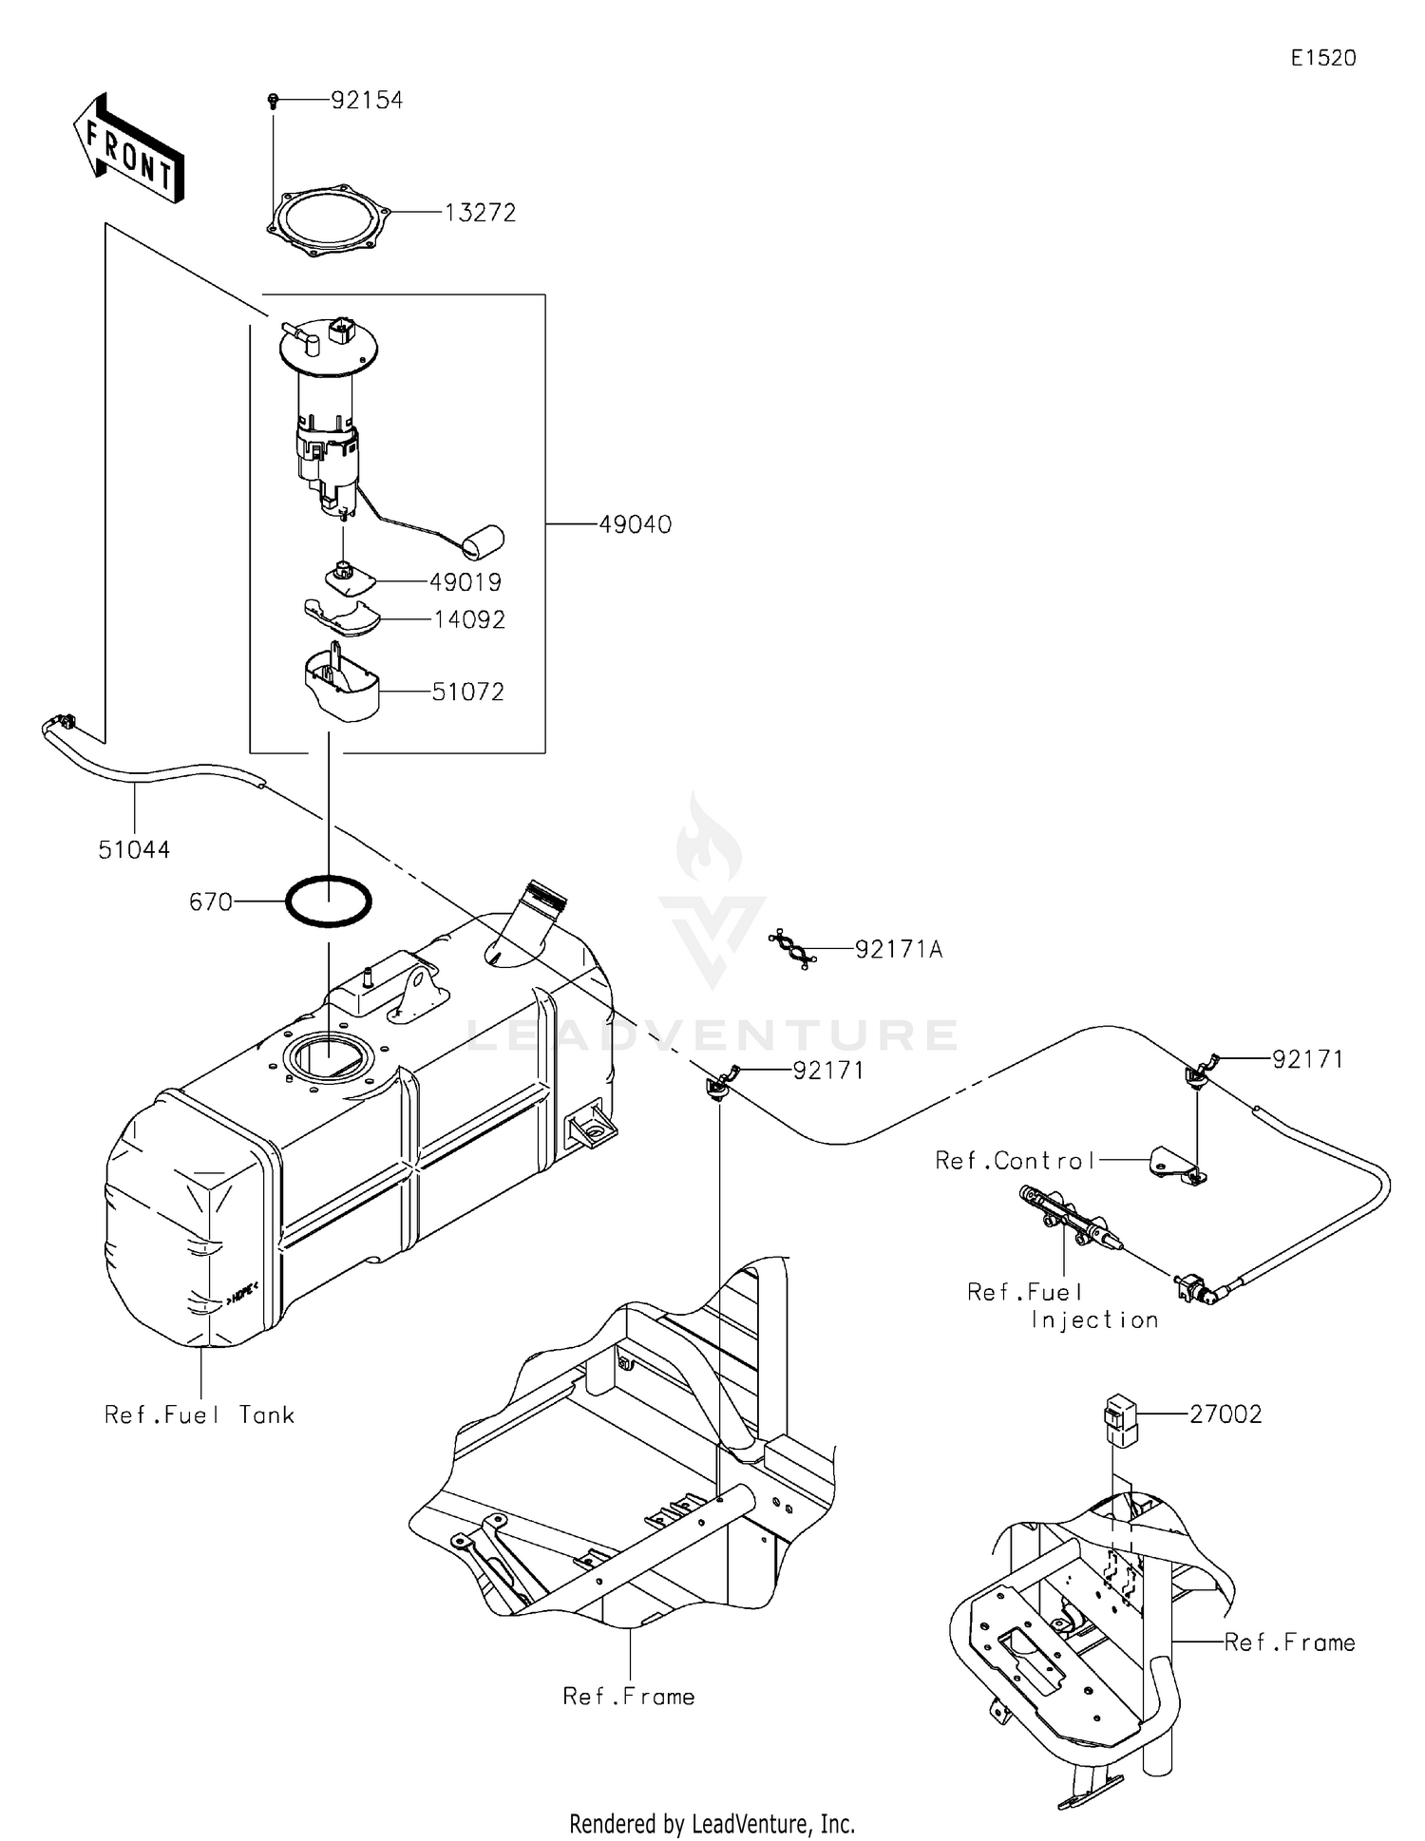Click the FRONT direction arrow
pyautogui.click(x=127, y=148)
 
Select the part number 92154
pyautogui.click(x=367, y=100)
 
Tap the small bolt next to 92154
pyautogui.click(x=274, y=99)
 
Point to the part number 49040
pyautogui.click(x=635, y=524)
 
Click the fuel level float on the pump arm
pyautogui.click(x=483, y=541)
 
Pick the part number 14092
pyautogui.click(x=469, y=619)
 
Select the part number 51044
pyautogui.click(x=134, y=849)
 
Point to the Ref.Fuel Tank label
pyautogui.click(x=199, y=1415)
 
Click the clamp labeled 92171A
pyautogui.click(x=792, y=949)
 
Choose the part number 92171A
pyautogui.click(x=899, y=949)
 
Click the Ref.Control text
pyautogui.click(x=1016, y=1160)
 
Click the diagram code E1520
pyautogui.click(x=1322, y=58)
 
